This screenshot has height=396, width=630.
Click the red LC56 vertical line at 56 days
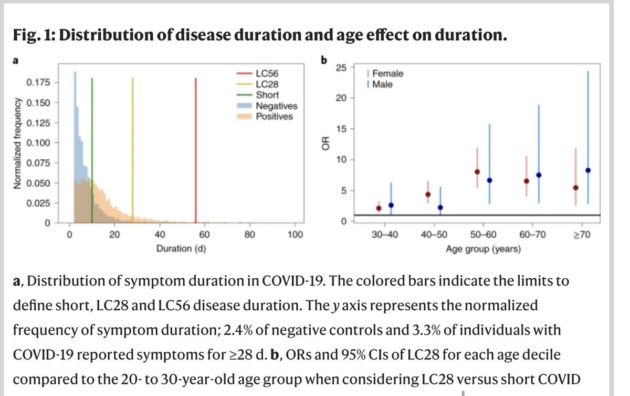click(x=195, y=153)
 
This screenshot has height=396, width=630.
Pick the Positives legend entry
click(x=274, y=116)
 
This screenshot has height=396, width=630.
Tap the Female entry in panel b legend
click(x=387, y=74)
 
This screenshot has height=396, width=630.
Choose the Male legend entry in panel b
click(x=382, y=84)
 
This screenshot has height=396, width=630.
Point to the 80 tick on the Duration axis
click(x=250, y=235)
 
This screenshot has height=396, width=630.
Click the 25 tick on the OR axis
click(x=342, y=67)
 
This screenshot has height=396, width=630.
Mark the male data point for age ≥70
click(x=588, y=170)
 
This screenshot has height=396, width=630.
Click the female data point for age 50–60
click(x=477, y=172)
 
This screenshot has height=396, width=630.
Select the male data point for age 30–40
click(x=391, y=205)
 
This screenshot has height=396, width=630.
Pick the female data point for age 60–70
click(x=527, y=181)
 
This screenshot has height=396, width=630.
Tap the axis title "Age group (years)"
click(x=483, y=249)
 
